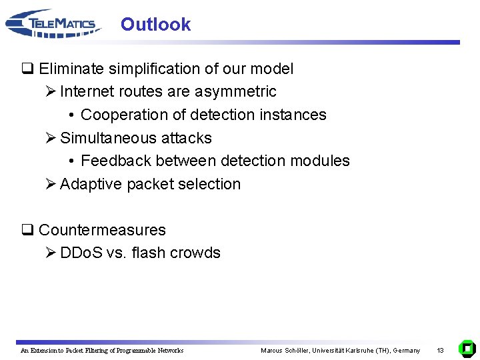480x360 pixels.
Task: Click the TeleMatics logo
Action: (53, 24)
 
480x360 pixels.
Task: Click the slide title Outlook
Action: (155, 25)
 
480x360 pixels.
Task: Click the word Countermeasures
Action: (102, 230)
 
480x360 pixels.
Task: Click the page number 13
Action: (440, 350)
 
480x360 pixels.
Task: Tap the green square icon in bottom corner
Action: (467, 348)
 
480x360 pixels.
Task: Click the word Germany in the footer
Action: (407, 350)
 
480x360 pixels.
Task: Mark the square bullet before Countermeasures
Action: (27, 230)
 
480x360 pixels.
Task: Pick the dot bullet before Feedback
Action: (71, 161)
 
